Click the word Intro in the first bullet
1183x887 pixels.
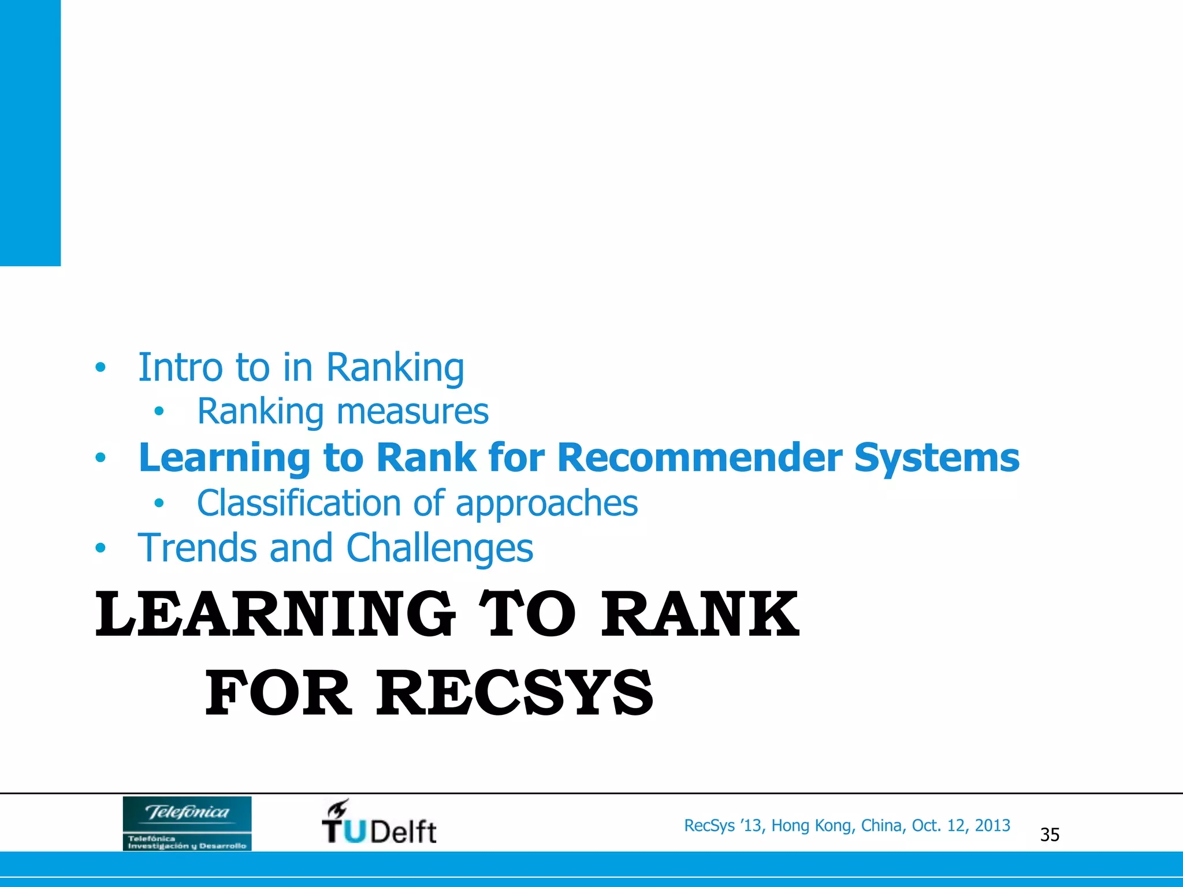pos(180,367)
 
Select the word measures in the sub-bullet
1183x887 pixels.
pos(412,412)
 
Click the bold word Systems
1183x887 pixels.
pos(936,459)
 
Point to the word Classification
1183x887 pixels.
pos(298,503)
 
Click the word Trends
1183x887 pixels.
pos(196,547)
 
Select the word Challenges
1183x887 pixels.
pos(439,549)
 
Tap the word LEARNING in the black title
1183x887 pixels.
pos(275,614)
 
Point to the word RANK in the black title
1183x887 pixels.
pos(700,614)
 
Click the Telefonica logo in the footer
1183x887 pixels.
pos(187,823)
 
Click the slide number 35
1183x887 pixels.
pos(1050,835)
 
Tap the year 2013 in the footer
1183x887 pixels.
pos(992,826)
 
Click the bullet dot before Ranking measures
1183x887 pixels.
pos(159,412)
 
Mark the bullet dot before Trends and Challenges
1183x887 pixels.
pos(101,548)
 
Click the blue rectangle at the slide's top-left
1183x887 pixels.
pos(30,133)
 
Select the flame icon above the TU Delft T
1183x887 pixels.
pos(338,808)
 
